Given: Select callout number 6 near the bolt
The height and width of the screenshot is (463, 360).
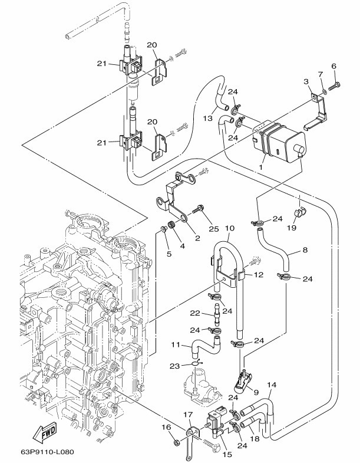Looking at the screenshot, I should (x=333, y=65).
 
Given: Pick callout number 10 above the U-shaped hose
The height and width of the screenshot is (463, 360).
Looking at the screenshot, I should (x=230, y=228).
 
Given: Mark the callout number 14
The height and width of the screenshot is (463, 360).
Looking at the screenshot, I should (x=271, y=385).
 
